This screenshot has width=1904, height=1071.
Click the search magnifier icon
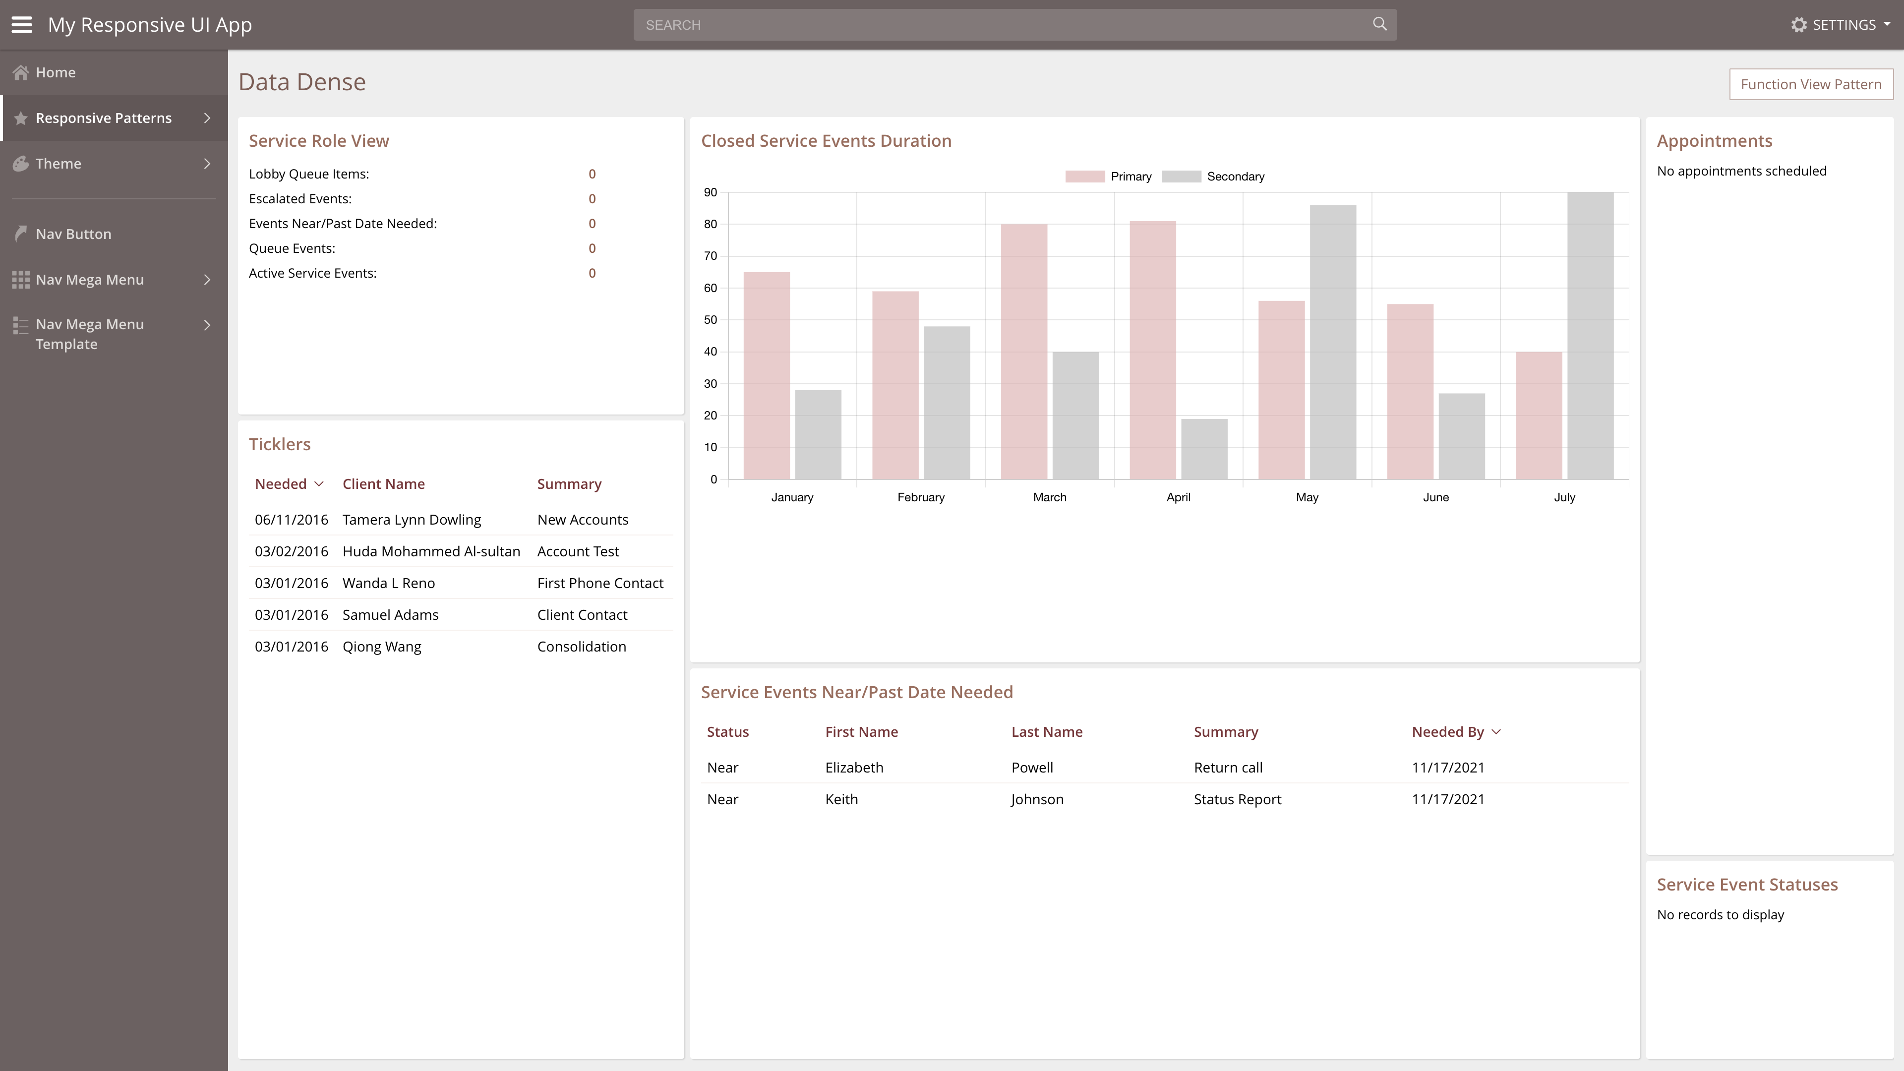(1379, 24)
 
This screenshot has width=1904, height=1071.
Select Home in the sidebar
(56, 72)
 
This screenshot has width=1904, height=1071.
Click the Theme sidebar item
(59, 163)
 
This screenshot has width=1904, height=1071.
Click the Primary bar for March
(1024, 351)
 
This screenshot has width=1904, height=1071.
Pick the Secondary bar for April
(1204, 449)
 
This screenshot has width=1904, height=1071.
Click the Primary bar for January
(767, 375)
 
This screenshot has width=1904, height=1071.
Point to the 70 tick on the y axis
(711, 256)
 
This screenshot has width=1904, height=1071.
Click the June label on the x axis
(1435, 497)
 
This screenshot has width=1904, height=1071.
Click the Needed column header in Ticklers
(281, 484)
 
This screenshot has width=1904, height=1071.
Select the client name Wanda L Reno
(389, 583)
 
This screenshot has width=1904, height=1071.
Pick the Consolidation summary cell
(582, 647)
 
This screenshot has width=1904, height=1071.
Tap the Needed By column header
(1447, 732)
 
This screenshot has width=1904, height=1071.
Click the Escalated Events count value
(592, 199)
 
